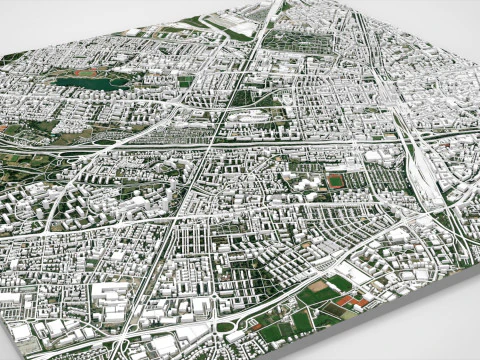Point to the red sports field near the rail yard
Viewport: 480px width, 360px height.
coord(335,181)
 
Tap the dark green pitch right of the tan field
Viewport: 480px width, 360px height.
coord(341,284)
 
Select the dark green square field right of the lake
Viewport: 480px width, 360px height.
coord(186,81)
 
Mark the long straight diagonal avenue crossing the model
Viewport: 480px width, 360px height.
coord(200,180)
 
